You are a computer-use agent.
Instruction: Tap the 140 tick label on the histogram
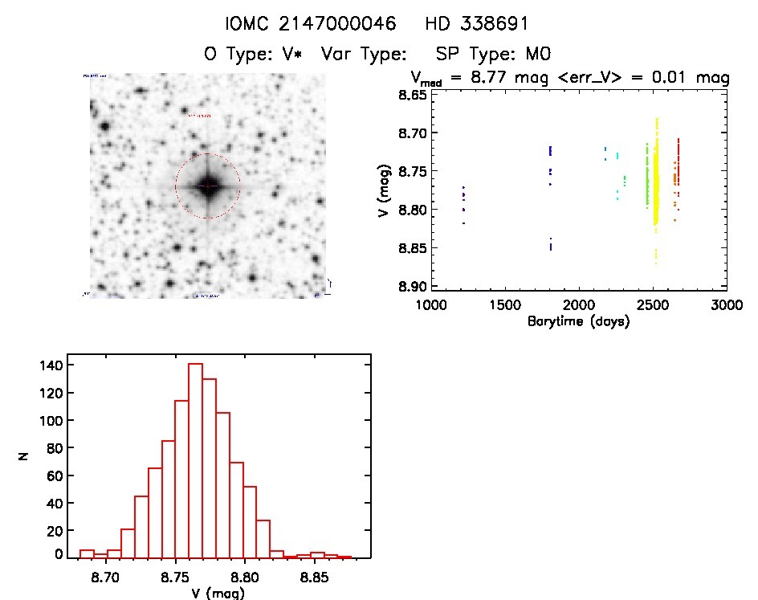(52, 365)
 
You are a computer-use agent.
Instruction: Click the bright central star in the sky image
(207, 186)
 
